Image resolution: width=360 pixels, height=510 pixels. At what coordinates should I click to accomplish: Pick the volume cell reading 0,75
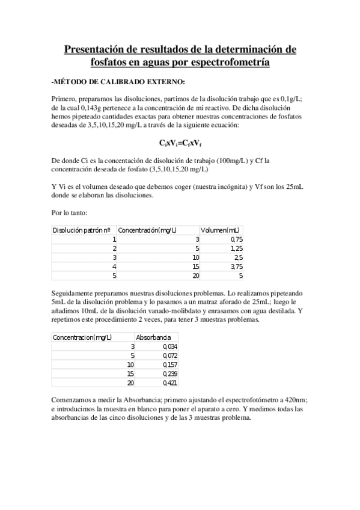[236, 239]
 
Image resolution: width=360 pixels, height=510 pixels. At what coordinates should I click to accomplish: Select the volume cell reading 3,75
[236, 266]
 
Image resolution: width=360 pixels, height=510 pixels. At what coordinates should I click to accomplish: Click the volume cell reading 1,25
[236, 248]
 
